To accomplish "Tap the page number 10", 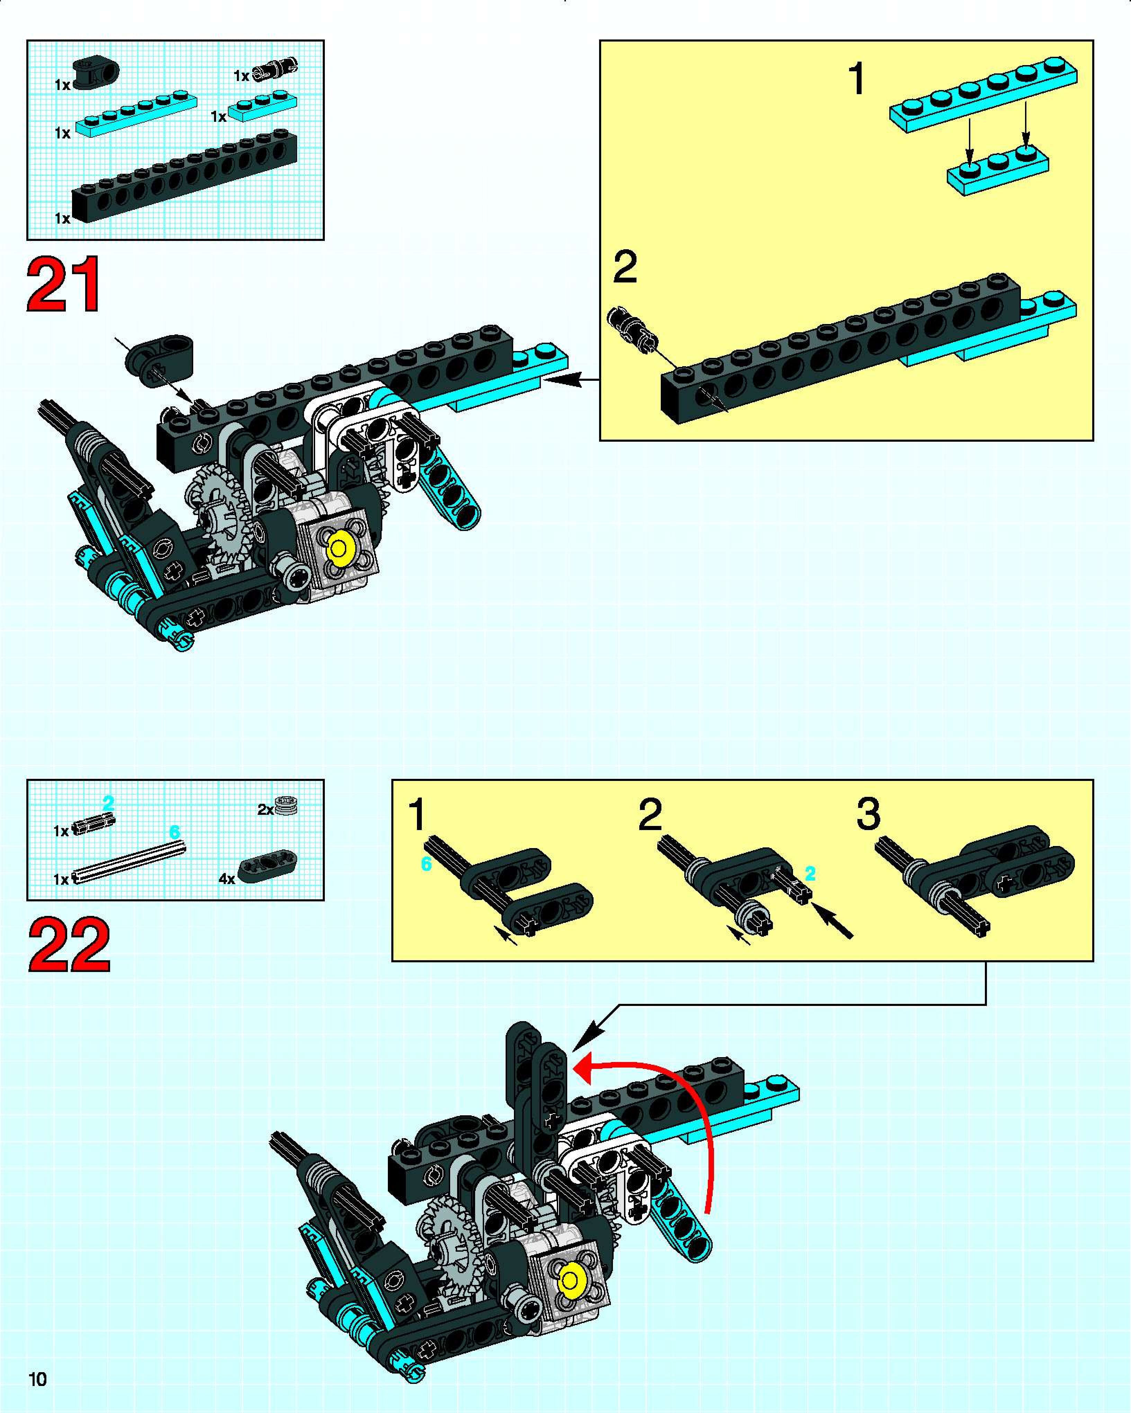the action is [37, 1379].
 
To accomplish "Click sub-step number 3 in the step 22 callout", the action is [868, 814].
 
